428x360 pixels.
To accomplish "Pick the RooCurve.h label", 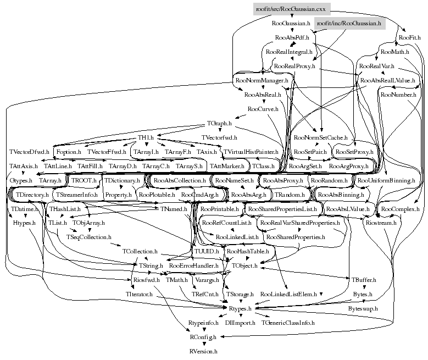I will click(x=263, y=109).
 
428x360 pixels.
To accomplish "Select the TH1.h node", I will click(x=146, y=137).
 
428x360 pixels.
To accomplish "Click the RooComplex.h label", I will click(x=400, y=209).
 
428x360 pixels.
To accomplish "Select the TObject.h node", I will click(x=244, y=265).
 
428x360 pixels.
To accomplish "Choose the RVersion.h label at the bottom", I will click(x=203, y=350).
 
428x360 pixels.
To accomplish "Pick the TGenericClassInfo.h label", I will click(x=288, y=323).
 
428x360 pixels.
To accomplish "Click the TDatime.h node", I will click(x=23, y=209).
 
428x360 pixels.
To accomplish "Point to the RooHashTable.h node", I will click(x=248, y=251).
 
